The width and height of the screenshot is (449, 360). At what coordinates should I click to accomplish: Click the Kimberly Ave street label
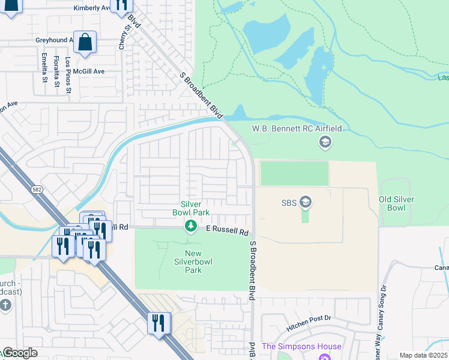click(x=92, y=8)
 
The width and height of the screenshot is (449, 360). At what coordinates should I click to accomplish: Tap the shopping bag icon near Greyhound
click(x=85, y=43)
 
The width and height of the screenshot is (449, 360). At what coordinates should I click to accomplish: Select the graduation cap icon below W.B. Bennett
click(x=325, y=142)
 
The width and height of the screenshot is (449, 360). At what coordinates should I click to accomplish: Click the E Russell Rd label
click(x=227, y=230)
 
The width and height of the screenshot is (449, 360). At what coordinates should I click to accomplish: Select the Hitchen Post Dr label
click(x=309, y=317)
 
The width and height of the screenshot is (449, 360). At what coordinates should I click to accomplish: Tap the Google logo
click(x=20, y=353)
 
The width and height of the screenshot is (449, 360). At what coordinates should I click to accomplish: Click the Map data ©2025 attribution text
click(x=424, y=355)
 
